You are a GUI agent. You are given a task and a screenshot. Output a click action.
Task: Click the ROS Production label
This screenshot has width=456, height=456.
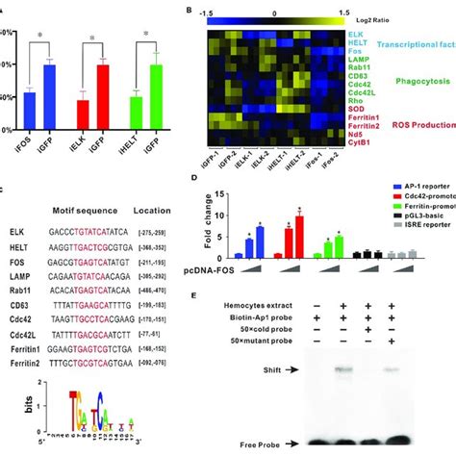tap(410, 130)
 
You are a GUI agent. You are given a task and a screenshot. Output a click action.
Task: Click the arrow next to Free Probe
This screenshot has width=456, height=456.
tap(285, 443)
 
